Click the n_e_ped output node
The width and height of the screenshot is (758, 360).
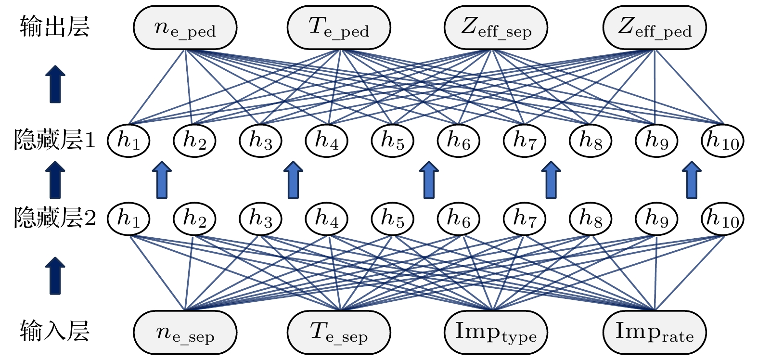click(185, 28)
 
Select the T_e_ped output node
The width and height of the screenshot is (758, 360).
click(339, 28)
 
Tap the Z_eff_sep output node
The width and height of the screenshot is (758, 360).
click(496, 28)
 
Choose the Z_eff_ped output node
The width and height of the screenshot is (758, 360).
click(654, 28)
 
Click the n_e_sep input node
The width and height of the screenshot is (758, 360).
click(185, 332)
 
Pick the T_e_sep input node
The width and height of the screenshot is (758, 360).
click(339, 332)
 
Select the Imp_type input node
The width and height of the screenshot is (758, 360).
click(496, 332)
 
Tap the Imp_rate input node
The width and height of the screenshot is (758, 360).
click(654, 332)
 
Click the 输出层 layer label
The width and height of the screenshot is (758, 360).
click(54, 27)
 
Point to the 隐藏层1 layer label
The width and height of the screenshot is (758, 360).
click(55, 141)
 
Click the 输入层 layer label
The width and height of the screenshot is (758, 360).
click(54, 331)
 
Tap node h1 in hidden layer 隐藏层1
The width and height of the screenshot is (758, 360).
click(128, 141)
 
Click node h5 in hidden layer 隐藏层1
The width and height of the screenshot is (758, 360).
click(393, 141)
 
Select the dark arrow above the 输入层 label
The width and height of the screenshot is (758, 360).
click(55, 275)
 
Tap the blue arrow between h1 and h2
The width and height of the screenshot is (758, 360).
click(162, 180)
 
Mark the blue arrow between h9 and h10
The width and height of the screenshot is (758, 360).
click(692, 180)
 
